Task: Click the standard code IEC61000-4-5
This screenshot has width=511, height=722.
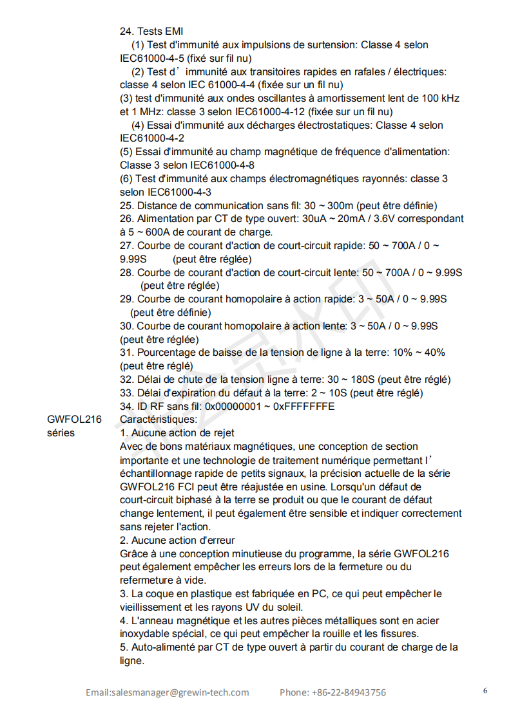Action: click(x=151, y=58)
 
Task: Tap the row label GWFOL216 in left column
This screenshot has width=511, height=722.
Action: click(x=74, y=420)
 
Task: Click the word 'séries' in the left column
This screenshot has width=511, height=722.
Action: click(x=61, y=433)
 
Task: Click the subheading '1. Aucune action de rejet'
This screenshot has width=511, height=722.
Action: click(x=177, y=433)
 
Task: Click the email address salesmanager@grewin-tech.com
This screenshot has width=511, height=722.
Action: click(x=168, y=692)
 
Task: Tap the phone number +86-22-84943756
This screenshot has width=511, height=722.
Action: click(x=349, y=692)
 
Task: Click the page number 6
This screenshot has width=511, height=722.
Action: click(x=485, y=691)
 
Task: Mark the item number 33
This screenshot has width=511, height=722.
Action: click(x=126, y=393)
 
